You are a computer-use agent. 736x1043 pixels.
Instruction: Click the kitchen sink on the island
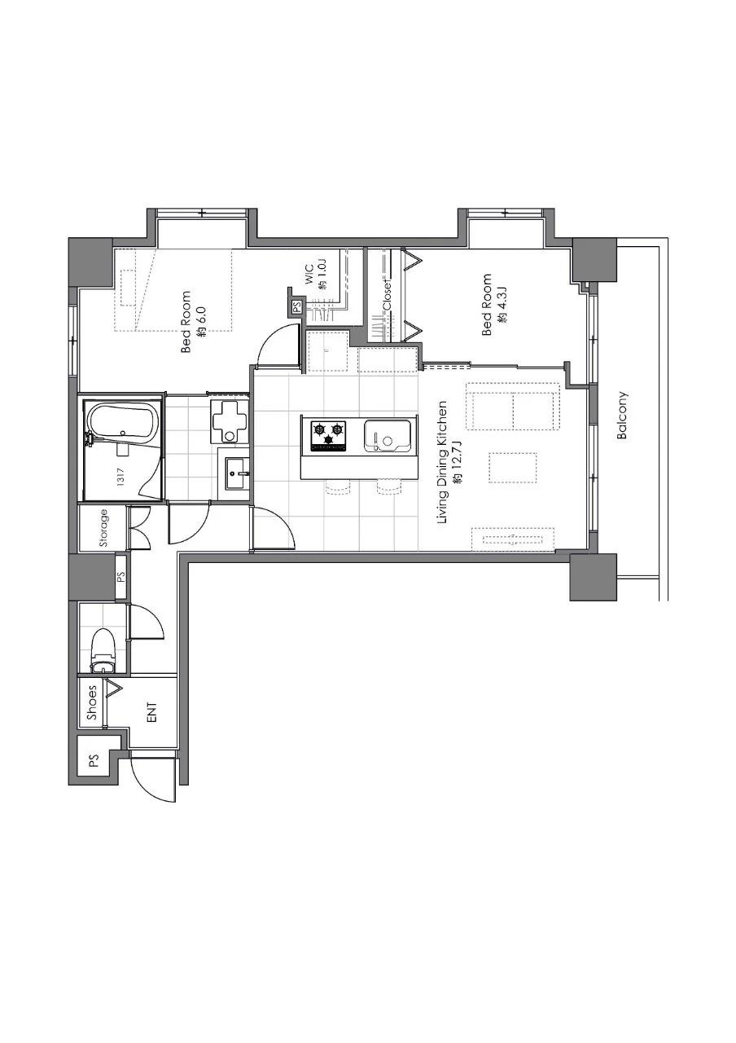pyautogui.click(x=387, y=436)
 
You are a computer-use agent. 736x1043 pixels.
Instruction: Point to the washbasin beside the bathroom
pyautogui.click(x=237, y=473)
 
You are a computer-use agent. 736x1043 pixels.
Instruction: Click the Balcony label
pyautogui.click(x=622, y=415)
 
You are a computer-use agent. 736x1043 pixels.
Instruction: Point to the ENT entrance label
pyautogui.click(x=152, y=712)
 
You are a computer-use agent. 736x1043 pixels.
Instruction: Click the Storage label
pyautogui.click(x=103, y=528)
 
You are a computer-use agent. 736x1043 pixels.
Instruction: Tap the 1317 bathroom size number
pyautogui.click(x=120, y=477)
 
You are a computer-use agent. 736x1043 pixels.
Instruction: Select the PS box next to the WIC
pyautogui.click(x=296, y=307)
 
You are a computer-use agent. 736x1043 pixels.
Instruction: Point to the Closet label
pyautogui.click(x=388, y=295)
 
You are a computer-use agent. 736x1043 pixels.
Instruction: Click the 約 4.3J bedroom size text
pyautogui.click(x=502, y=306)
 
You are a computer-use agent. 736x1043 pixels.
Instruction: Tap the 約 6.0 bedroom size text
pyautogui.click(x=201, y=321)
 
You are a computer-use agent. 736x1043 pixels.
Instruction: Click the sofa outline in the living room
pyautogui.click(x=513, y=407)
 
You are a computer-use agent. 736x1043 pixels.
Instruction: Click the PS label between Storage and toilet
pyautogui.click(x=121, y=578)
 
